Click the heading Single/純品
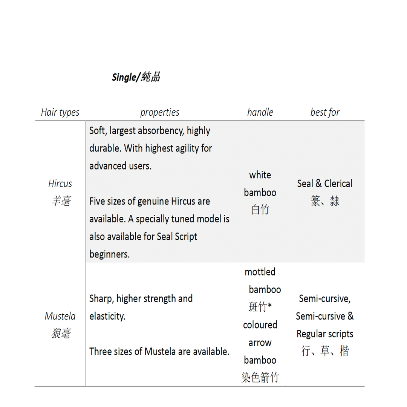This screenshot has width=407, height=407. pos(136,77)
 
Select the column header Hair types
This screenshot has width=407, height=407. pos(60,112)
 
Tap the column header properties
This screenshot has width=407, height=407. pos(160,112)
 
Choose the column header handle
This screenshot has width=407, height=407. pos(260,112)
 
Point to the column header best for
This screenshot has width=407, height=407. pos(325,112)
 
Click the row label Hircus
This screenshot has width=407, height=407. pos(60,184)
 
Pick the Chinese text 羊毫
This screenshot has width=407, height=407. pos(61,201)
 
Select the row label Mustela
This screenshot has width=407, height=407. pos(60,316)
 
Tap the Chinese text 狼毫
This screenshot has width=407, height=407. pos(61,334)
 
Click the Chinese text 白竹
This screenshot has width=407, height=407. pos(260,210)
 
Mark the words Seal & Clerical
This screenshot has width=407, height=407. pos(325,184)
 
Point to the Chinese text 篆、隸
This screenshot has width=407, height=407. pos(325,201)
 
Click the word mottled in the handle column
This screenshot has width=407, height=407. pos(260,272)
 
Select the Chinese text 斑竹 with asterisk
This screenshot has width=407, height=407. pos(260,307)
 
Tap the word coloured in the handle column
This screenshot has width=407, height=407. pos(260,325)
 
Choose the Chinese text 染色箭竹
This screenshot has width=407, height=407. pos(260,378)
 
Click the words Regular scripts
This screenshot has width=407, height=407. pos(325,334)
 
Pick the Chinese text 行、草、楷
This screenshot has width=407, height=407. pos(325,351)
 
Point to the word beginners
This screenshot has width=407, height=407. pos(109,254)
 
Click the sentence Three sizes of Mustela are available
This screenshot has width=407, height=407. pos(159,352)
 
